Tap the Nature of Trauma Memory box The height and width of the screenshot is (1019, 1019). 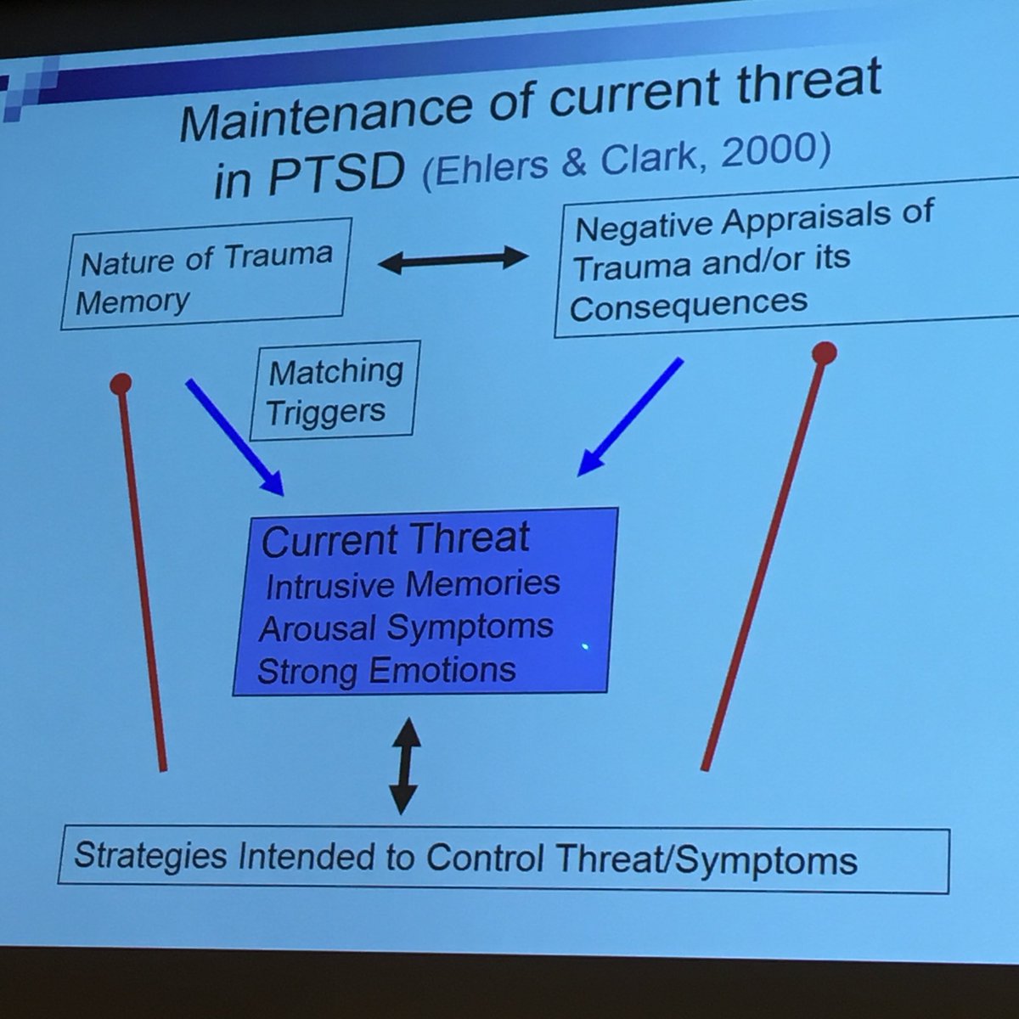tap(205, 273)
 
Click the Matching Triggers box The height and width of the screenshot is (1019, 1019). tap(336, 391)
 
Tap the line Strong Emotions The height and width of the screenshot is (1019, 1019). tap(386, 672)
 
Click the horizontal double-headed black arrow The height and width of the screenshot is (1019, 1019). tap(453, 260)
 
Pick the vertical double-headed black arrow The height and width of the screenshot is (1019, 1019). tap(403, 766)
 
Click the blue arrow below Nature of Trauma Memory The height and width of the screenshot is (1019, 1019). tap(234, 437)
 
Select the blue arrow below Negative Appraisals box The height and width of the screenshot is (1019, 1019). tap(630, 417)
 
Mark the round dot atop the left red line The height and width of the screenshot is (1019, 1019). tap(121, 384)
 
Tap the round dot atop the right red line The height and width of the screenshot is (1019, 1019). tap(824, 353)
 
